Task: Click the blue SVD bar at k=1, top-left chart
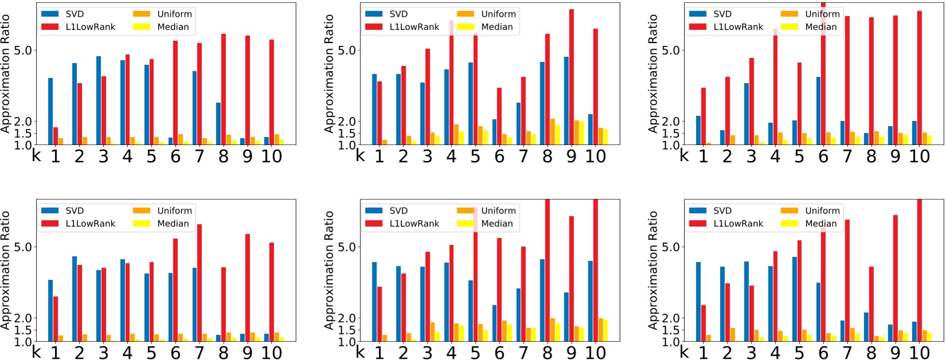click(x=50, y=111)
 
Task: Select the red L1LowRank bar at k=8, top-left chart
click(x=223, y=89)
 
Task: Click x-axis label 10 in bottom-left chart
click(x=272, y=353)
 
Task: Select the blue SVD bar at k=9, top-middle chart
click(x=566, y=100)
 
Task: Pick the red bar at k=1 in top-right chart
click(x=704, y=116)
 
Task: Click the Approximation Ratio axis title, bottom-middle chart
click(x=329, y=269)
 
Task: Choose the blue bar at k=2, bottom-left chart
click(x=74, y=299)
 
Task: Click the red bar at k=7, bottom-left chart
click(x=199, y=283)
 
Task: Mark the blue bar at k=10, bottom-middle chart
click(x=590, y=301)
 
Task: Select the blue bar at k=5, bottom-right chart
click(x=794, y=299)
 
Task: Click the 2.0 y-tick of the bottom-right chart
click(x=670, y=318)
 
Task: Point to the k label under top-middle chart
click(x=360, y=155)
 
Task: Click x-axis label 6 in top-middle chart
click(x=499, y=156)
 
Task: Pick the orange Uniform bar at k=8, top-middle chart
click(x=553, y=131)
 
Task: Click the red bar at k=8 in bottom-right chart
click(x=872, y=304)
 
